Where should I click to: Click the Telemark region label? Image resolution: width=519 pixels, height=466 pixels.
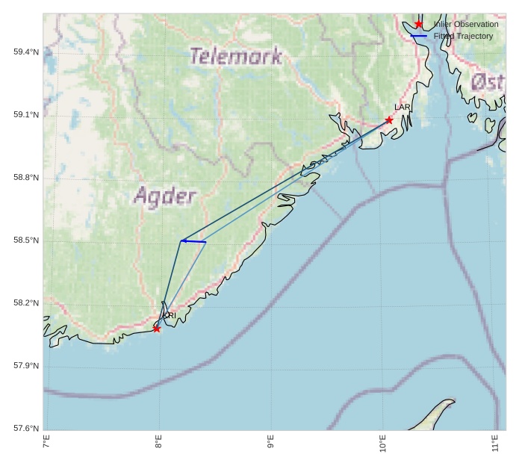click(x=236, y=56)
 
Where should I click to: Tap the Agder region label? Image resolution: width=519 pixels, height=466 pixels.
click(x=165, y=196)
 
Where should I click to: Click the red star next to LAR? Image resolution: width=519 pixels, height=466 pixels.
click(x=389, y=120)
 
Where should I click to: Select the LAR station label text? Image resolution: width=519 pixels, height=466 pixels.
click(x=403, y=108)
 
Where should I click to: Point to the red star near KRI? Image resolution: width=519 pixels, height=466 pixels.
click(x=157, y=329)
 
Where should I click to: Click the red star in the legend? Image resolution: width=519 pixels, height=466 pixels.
click(x=419, y=24)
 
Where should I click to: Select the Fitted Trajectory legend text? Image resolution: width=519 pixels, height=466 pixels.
click(x=463, y=36)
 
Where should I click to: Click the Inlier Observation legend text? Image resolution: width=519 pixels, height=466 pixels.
click(x=466, y=24)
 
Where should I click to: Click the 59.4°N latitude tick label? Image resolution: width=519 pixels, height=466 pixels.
click(x=26, y=52)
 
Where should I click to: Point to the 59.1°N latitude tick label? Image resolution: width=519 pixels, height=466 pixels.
click(x=26, y=115)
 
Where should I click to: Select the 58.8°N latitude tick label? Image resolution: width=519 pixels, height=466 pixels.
click(x=26, y=178)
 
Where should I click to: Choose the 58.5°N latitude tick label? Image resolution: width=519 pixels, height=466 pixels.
click(x=26, y=240)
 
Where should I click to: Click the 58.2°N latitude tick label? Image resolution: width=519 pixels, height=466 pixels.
click(x=26, y=303)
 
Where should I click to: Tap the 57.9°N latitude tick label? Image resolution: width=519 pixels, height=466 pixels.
click(x=26, y=366)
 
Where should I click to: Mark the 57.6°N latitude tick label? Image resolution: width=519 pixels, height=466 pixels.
click(x=26, y=429)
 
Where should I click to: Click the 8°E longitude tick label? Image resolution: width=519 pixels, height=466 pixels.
click(x=158, y=442)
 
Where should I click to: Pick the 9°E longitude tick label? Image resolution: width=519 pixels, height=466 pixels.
click(x=270, y=442)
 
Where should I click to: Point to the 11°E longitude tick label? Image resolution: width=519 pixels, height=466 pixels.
click(x=495, y=442)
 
